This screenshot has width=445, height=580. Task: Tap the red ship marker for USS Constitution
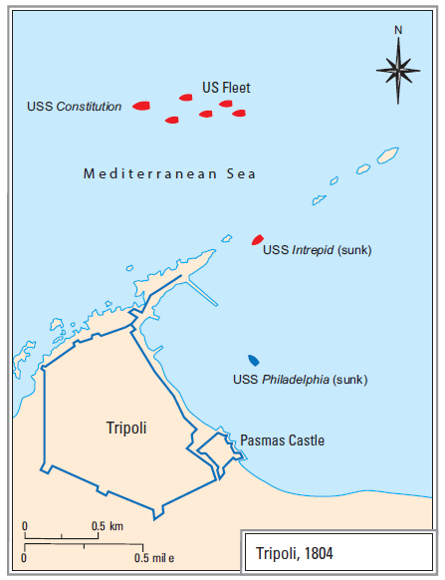141,105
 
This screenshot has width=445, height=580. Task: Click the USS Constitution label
75,106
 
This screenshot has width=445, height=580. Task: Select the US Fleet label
226,88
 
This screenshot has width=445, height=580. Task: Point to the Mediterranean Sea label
169,174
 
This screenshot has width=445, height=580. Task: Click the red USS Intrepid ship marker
258,239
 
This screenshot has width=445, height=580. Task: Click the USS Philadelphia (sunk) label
299,380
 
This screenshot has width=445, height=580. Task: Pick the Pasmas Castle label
282,440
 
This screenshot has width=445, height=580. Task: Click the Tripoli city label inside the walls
126,429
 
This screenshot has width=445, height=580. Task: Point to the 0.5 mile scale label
153,558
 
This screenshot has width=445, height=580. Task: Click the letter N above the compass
398,30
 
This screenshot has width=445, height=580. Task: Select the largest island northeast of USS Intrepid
386,156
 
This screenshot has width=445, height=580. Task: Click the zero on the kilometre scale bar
25,525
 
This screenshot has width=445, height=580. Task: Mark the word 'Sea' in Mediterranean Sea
240,174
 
